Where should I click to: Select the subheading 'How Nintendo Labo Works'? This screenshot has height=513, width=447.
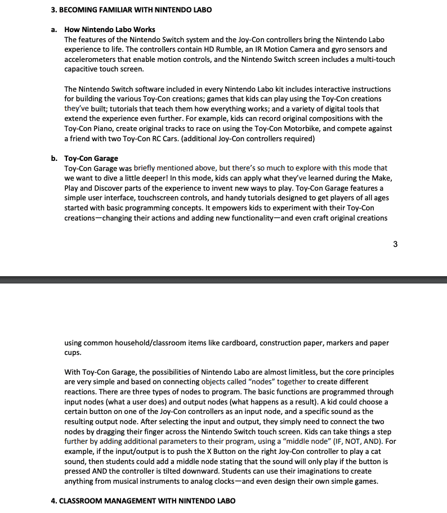coord(110,29)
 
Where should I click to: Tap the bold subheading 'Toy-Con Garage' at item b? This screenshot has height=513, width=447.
coord(91,158)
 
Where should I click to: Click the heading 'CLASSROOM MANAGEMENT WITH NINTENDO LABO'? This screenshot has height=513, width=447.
coord(147,501)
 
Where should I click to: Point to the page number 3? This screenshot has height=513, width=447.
coord(395,244)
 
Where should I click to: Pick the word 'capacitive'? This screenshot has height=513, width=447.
coord(83,69)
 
